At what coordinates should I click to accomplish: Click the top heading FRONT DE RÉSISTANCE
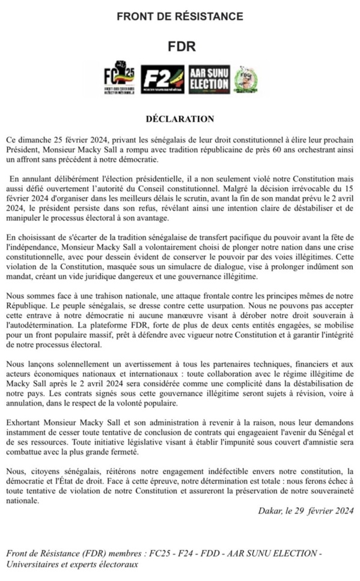click(180, 16)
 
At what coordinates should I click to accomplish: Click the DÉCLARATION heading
click(180, 119)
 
